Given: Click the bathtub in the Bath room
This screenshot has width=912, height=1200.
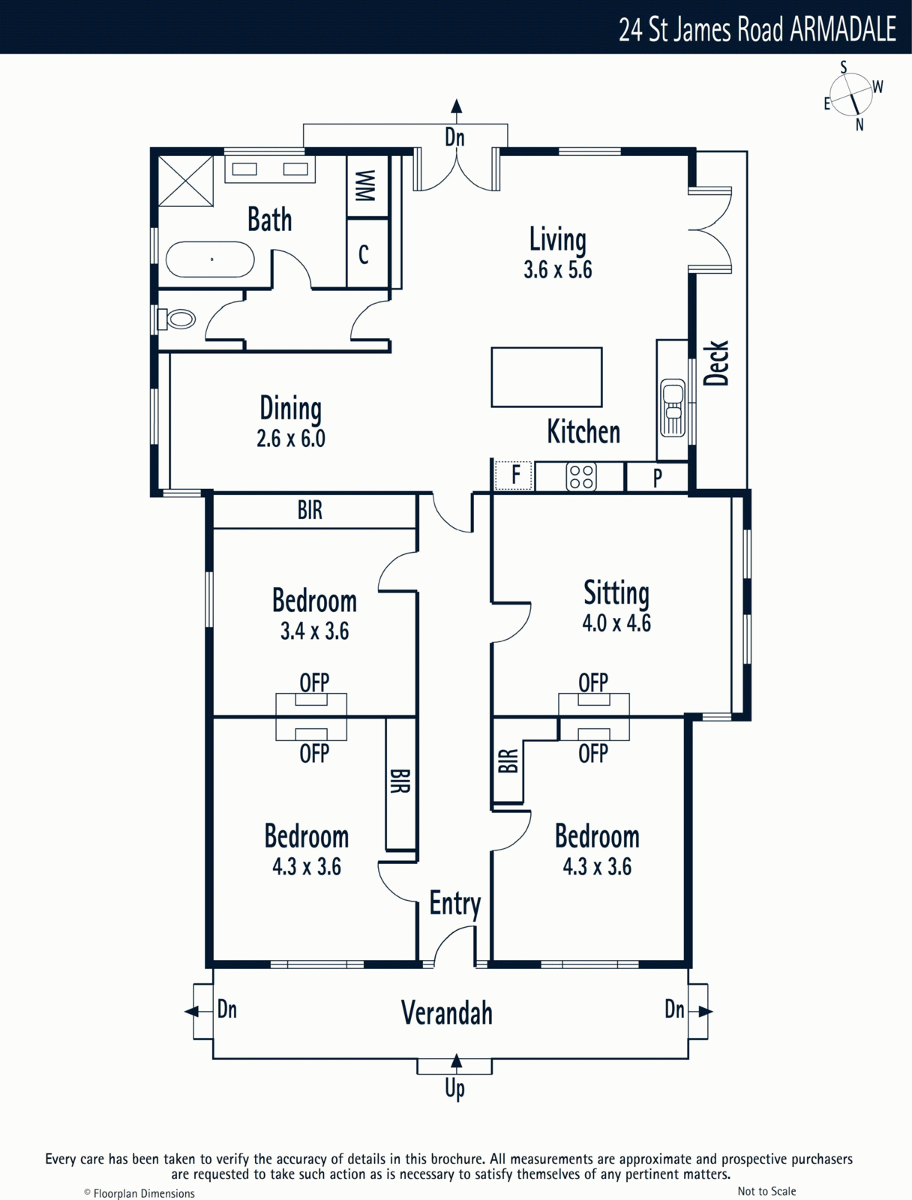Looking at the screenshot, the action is click(210, 259).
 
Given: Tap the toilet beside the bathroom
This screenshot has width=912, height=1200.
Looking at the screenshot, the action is click(176, 319).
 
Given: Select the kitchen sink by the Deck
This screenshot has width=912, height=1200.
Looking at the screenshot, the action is click(673, 407).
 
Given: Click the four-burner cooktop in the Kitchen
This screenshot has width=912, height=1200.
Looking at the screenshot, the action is click(580, 477).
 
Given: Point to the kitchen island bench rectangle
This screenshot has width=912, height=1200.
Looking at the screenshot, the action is click(547, 377).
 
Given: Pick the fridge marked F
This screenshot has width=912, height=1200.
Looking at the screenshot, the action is click(514, 475).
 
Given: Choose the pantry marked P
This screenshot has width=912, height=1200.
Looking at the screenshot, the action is click(657, 477).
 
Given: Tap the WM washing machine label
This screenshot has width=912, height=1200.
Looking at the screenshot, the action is click(365, 186).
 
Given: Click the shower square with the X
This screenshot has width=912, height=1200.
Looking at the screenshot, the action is click(186, 181).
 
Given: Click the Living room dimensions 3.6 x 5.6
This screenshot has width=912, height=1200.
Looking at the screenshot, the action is click(557, 270).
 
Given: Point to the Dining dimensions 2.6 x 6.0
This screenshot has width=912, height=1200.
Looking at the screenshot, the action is click(291, 439).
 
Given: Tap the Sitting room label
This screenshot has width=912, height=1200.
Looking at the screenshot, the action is click(616, 592).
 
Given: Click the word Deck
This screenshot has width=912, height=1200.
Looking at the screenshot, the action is click(715, 363).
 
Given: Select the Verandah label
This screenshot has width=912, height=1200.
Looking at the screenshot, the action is click(447, 1012).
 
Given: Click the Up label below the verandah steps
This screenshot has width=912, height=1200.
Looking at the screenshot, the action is click(454, 1088).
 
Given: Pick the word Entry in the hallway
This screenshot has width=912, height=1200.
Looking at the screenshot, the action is click(455, 904).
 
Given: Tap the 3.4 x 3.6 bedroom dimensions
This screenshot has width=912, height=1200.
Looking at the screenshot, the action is click(315, 631).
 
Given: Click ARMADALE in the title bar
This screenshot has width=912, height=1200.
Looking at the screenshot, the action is click(843, 29).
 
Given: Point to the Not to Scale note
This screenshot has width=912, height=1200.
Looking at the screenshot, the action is click(766, 1191).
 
